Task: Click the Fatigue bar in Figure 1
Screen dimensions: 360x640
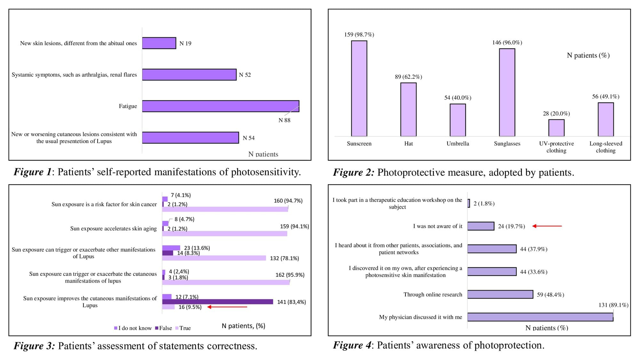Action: click(220, 106)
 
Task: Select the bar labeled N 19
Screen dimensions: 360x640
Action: click(159, 43)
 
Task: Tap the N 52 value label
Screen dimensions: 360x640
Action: click(245, 75)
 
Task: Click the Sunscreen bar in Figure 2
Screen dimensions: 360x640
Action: click(359, 88)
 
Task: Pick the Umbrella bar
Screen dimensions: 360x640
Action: click(458, 120)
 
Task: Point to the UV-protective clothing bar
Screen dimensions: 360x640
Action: click(556, 128)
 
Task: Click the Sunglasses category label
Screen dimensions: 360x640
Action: click(507, 144)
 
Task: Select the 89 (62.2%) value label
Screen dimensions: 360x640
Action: click(408, 77)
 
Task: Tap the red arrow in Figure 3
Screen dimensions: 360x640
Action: click(227, 307)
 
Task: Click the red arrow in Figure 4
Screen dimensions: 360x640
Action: click(547, 226)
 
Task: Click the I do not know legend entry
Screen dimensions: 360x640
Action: click(133, 328)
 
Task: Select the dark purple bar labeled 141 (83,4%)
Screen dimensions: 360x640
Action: click(218, 302)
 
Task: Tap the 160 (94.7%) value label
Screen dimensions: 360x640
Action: click(288, 201)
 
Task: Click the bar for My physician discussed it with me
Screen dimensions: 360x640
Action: click(540, 317)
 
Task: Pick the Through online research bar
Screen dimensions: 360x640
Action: click(500, 294)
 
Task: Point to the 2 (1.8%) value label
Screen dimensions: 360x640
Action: click(484, 204)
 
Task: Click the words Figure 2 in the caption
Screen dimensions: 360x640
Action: click(353, 172)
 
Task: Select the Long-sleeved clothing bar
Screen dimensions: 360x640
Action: click(605, 119)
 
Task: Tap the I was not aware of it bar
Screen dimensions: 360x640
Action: click(481, 226)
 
